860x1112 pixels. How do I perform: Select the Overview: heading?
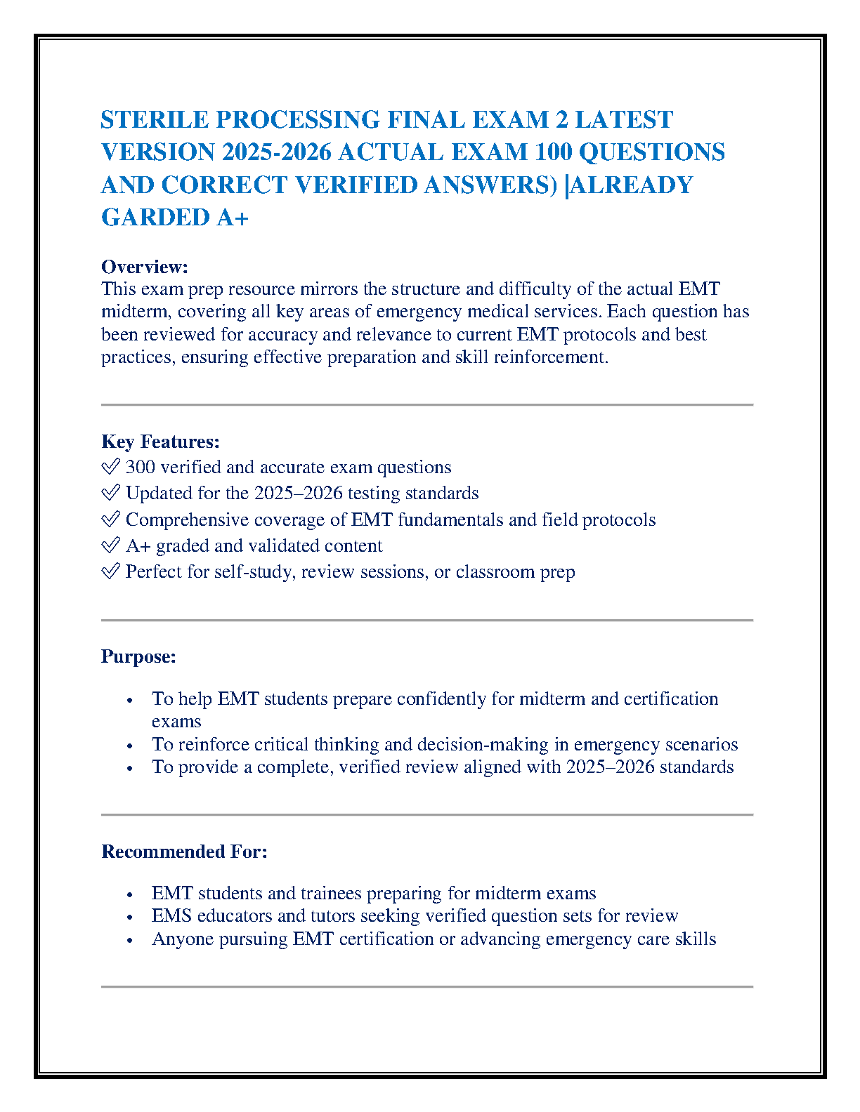145,267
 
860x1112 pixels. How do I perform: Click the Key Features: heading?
160,442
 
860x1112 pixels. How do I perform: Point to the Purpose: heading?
138,656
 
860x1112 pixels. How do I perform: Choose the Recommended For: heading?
184,852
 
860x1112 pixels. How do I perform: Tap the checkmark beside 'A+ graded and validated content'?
110,545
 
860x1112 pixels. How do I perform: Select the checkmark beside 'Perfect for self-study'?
110,571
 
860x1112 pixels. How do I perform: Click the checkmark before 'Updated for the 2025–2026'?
110,493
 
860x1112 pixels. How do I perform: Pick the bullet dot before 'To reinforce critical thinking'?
129,746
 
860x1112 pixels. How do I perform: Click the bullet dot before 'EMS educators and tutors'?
129,917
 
